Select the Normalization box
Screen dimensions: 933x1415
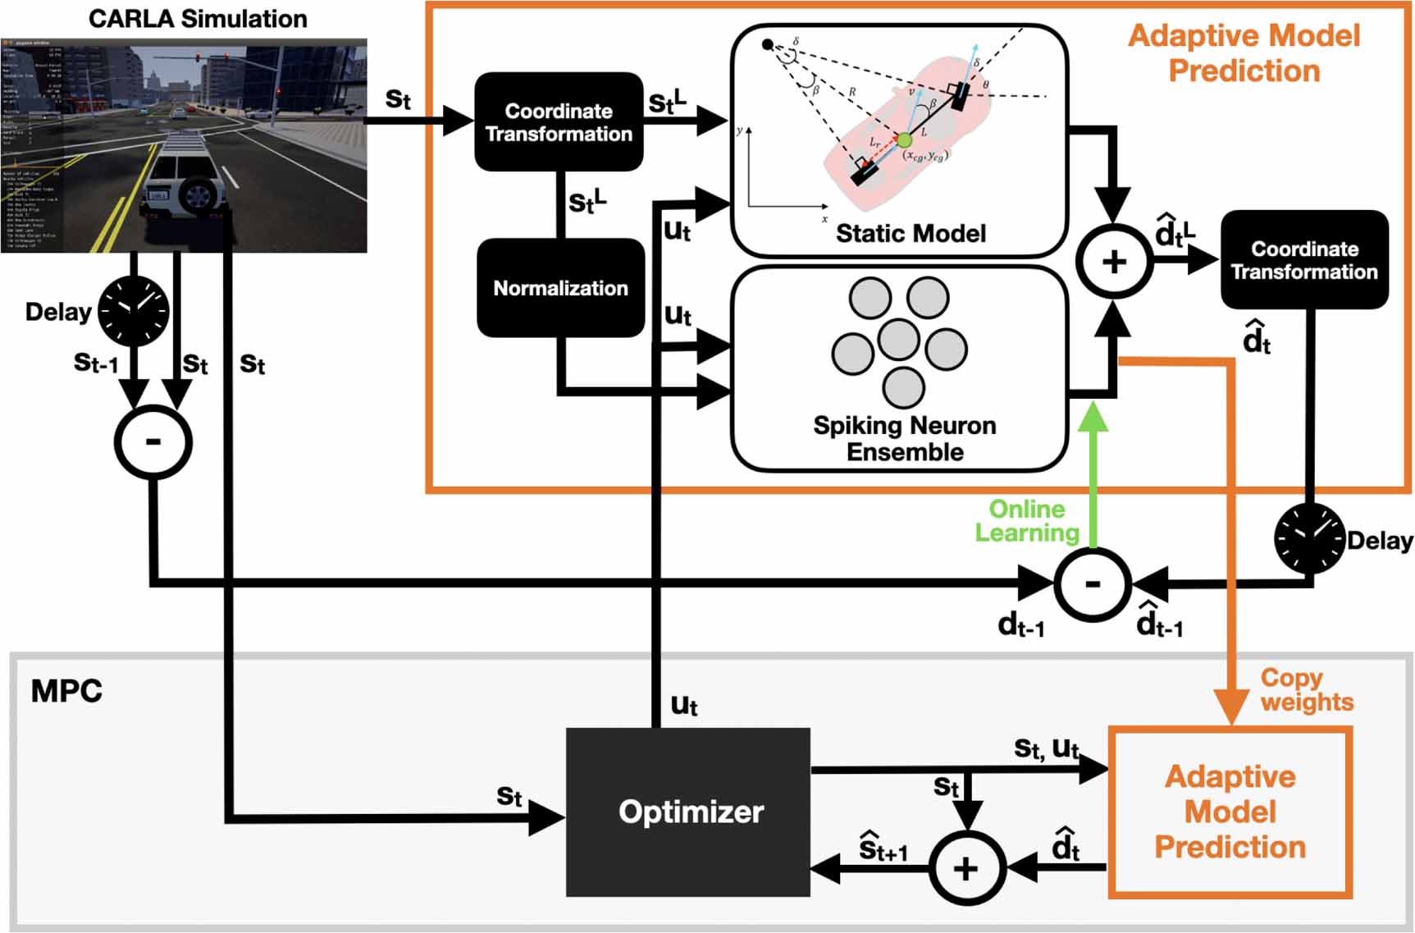click(560, 288)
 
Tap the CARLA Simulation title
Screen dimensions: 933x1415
click(198, 18)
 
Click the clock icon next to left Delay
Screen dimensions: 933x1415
click(134, 311)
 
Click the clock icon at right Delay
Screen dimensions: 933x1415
click(1309, 538)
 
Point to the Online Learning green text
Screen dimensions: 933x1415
click(1026, 520)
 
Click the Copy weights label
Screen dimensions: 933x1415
click(1306, 689)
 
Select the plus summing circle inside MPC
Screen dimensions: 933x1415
click(967, 868)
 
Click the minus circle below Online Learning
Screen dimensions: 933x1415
click(1093, 583)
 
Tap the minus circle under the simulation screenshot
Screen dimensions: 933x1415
click(153, 442)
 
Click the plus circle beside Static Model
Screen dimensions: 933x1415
click(1114, 262)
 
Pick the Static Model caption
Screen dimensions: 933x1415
click(911, 234)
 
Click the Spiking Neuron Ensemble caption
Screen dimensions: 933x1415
click(905, 438)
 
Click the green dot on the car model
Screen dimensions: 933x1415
click(904, 140)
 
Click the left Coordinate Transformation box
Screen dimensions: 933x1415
click(559, 122)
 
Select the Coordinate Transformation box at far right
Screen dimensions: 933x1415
click(1304, 260)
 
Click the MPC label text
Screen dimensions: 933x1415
click(66, 691)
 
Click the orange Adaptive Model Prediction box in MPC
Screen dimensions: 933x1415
click(1230, 812)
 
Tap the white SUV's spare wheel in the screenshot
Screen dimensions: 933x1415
click(197, 194)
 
